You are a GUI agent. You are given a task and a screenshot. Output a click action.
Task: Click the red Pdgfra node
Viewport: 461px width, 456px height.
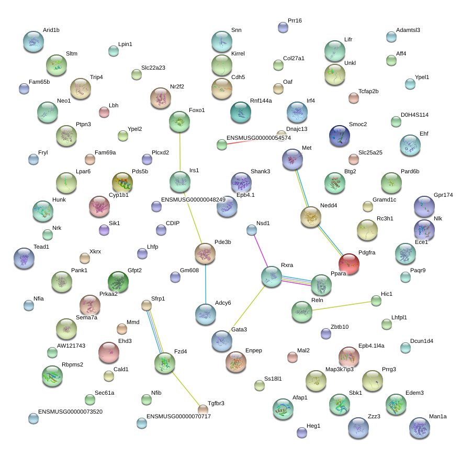(x=349, y=264)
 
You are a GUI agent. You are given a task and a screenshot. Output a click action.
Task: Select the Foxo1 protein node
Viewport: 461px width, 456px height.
(x=179, y=122)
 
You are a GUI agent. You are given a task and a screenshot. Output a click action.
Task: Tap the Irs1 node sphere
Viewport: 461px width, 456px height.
(x=179, y=182)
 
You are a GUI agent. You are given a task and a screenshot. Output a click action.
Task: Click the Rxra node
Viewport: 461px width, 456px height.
(x=272, y=276)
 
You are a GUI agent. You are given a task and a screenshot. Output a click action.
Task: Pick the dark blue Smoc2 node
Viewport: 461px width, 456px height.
(x=340, y=136)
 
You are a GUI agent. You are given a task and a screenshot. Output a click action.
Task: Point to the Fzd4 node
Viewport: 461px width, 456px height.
(x=165, y=363)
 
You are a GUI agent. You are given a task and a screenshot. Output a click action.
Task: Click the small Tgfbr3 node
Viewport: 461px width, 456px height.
(x=203, y=409)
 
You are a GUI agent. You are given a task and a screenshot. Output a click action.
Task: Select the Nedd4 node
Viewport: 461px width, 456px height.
(x=311, y=217)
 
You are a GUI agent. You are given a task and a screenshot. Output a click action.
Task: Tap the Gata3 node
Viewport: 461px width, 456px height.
(x=222, y=341)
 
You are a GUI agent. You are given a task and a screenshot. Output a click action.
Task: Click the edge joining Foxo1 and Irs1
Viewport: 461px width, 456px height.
(x=179, y=152)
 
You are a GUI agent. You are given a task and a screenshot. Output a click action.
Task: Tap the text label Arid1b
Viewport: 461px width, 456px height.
(x=51, y=30)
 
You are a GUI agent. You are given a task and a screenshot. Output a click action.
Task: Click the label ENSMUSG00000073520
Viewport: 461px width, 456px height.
(x=71, y=411)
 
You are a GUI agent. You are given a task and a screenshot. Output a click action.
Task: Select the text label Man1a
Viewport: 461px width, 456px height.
(x=438, y=416)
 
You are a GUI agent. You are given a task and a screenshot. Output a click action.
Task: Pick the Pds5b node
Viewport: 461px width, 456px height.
(x=122, y=183)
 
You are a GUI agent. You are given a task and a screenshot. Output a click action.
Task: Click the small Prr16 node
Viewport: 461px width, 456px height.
(x=283, y=27)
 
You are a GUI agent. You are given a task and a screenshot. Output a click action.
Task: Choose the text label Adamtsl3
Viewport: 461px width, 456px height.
(x=408, y=30)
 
